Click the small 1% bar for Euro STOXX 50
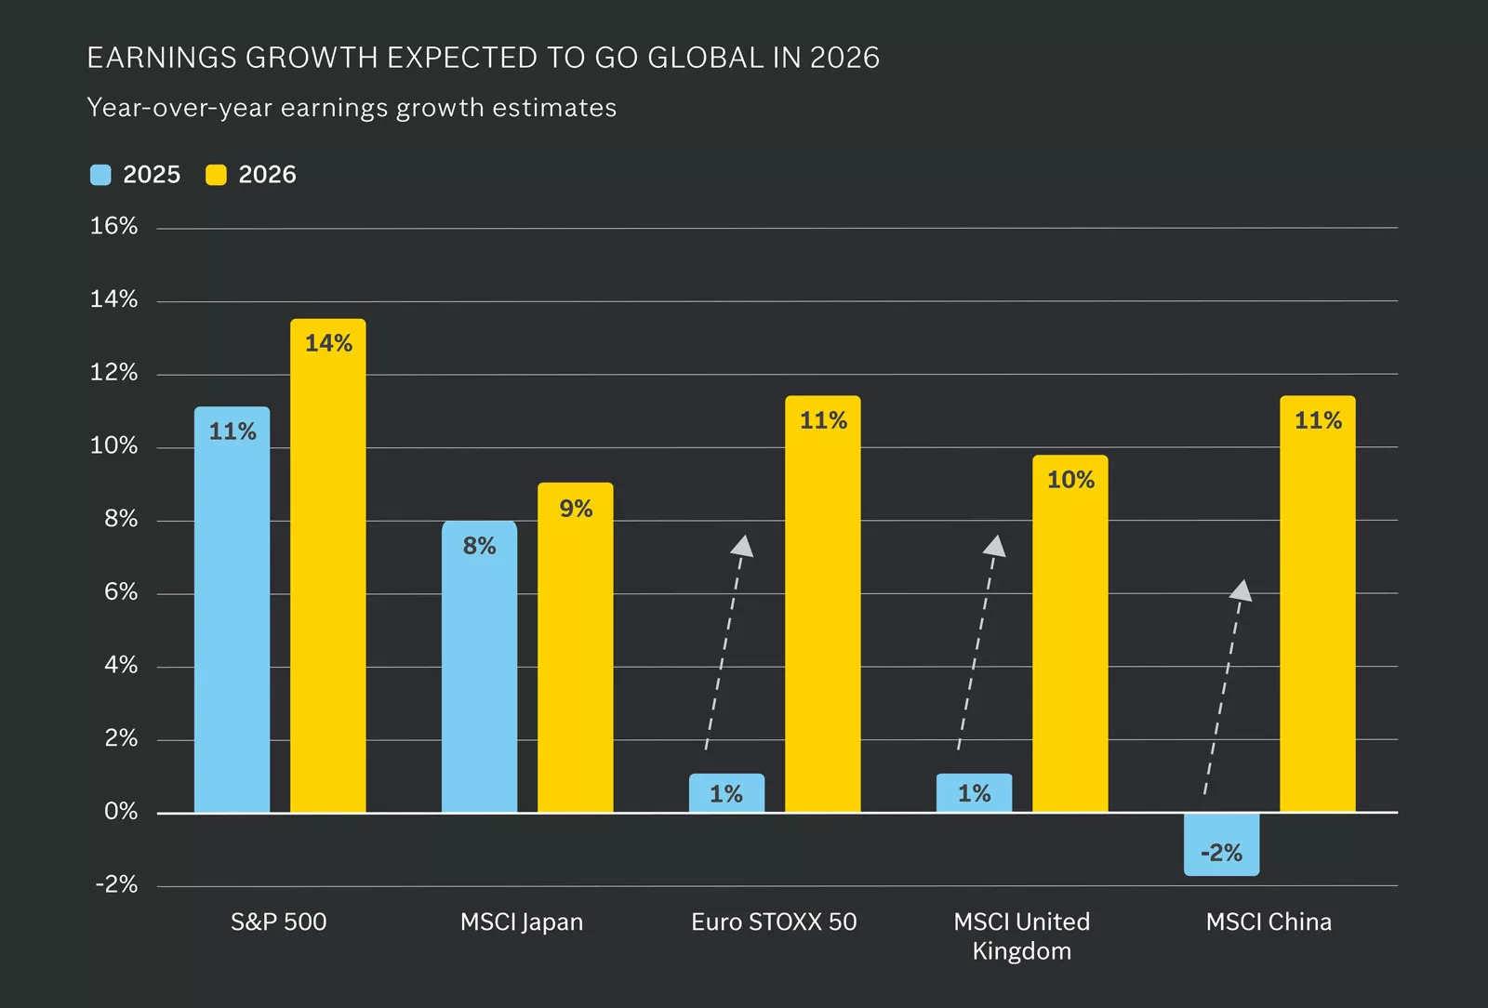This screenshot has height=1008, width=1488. pos(726,793)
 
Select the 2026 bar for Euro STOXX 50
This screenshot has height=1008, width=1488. pos(822,603)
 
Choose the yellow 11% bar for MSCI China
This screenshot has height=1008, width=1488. pos(1317,603)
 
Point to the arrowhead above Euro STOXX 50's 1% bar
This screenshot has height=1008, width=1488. pos(742,546)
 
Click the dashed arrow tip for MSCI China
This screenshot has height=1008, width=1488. pos(1242,590)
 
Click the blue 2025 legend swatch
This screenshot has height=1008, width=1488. pos(100,175)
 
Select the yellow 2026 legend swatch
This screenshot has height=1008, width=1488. pos(216,175)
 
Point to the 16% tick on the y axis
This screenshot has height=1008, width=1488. pos(113,226)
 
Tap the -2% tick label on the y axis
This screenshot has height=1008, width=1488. pos(116,884)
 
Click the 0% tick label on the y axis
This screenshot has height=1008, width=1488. pos(121,812)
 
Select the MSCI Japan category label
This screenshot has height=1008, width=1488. pos(521,922)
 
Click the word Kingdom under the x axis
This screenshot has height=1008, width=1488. pos(1021,951)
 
